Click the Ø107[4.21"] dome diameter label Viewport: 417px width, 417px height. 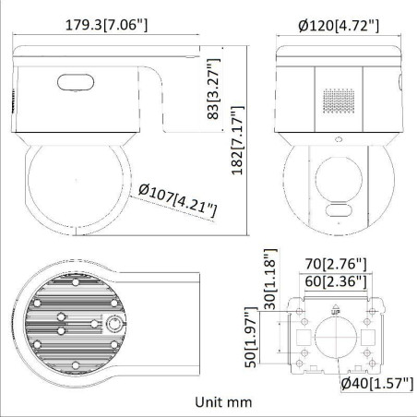click(x=177, y=200)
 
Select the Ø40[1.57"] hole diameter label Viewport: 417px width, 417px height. click(x=373, y=383)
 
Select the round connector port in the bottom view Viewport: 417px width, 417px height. click(x=115, y=324)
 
